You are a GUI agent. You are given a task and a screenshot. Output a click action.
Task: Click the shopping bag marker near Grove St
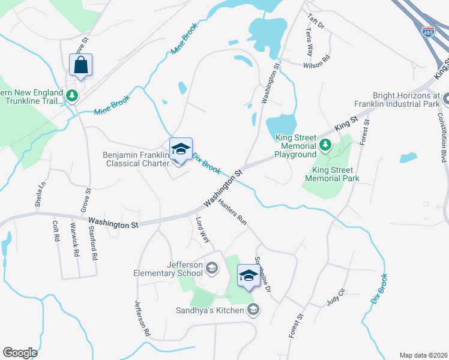[x=81, y=65]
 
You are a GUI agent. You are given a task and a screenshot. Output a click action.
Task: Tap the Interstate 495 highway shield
[x=428, y=31]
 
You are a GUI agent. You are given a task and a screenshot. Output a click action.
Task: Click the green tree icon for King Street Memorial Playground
[x=325, y=145]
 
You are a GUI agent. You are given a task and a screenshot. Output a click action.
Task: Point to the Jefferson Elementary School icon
[x=211, y=268]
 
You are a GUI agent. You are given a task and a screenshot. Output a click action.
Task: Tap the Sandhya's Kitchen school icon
[x=253, y=310]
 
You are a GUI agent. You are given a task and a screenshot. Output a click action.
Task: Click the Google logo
[x=20, y=353]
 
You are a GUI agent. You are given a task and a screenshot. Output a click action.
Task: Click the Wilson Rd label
[x=316, y=61]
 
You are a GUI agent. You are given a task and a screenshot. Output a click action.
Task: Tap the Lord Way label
[x=203, y=230]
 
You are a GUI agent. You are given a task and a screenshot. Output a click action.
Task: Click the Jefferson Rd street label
[x=142, y=317]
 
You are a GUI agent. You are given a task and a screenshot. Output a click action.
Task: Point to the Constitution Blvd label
[x=442, y=132]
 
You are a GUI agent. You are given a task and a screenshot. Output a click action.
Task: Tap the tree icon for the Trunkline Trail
[x=72, y=95]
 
